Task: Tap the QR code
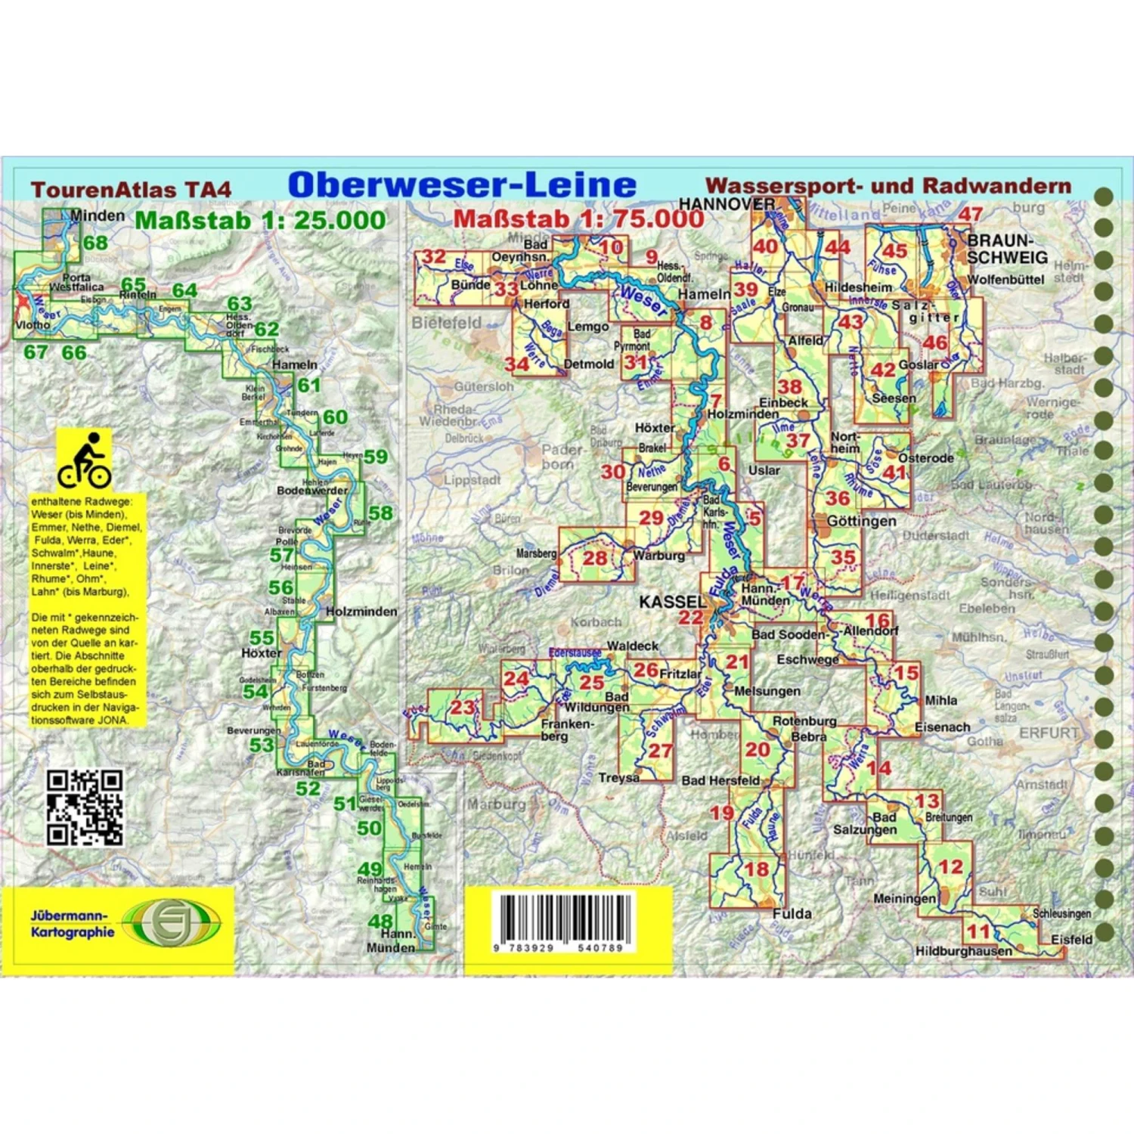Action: pyautogui.click(x=84, y=807)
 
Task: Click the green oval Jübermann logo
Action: pyautogui.click(x=172, y=923)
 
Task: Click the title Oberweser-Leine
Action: pyautogui.click(x=462, y=185)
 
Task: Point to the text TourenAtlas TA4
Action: pyautogui.click(x=131, y=190)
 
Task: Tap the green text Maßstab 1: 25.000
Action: pyautogui.click(x=260, y=221)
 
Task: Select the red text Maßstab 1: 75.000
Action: pyautogui.click(x=578, y=218)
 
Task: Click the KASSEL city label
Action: pyautogui.click(x=672, y=602)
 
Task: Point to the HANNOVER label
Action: pyautogui.click(x=726, y=204)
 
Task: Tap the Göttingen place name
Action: pyautogui.click(x=861, y=521)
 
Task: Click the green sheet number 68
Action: pyautogui.click(x=96, y=243)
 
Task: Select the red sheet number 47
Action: pyautogui.click(x=970, y=214)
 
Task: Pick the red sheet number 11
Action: pyautogui.click(x=978, y=931)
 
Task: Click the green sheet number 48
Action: pyautogui.click(x=380, y=921)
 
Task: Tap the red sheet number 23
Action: pyautogui.click(x=462, y=708)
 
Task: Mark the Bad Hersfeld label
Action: pyautogui.click(x=720, y=780)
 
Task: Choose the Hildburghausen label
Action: pyautogui.click(x=963, y=951)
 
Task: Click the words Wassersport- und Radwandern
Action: pyautogui.click(x=888, y=186)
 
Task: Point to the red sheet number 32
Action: pyautogui.click(x=434, y=256)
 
